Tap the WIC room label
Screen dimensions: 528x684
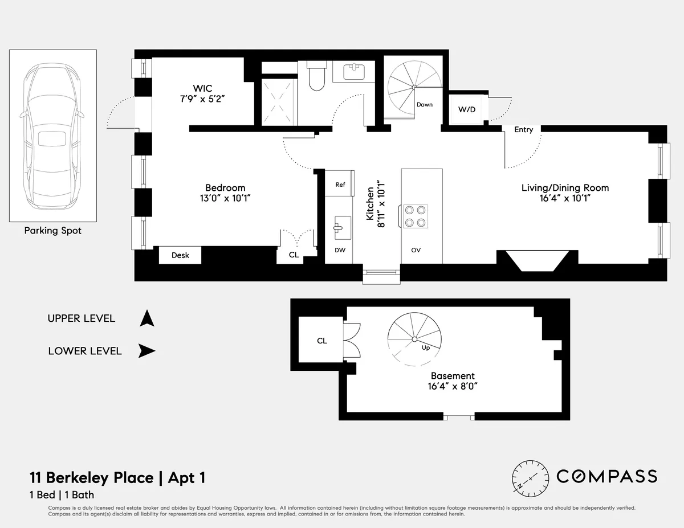coord(202,88)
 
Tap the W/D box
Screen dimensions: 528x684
coord(467,109)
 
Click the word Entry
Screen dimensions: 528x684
coord(523,130)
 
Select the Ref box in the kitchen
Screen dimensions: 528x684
coord(340,185)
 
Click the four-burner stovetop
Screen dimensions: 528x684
coord(414,216)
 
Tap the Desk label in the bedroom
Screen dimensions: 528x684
coord(180,255)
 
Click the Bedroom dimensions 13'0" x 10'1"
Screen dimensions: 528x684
coord(225,198)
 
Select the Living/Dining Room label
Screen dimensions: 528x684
coord(565,188)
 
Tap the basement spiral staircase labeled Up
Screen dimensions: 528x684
coord(413,340)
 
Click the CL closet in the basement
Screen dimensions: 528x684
coord(322,341)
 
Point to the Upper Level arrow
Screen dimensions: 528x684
coord(147,318)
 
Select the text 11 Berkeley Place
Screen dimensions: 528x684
coord(91,477)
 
